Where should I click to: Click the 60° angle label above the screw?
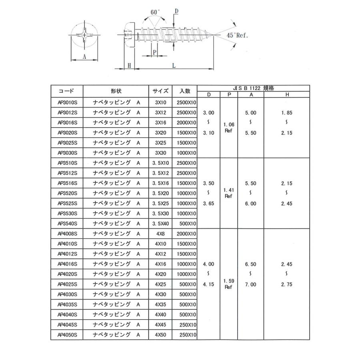click(x=155, y=12)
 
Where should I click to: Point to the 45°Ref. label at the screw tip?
click(x=237, y=35)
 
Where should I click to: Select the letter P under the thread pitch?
click(x=154, y=52)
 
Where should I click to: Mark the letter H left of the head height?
click(x=129, y=65)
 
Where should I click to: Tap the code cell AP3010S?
click(x=67, y=102)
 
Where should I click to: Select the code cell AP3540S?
click(x=67, y=224)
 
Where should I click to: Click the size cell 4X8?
click(x=160, y=234)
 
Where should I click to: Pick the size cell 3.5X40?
click(x=160, y=224)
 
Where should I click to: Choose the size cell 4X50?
click(x=160, y=334)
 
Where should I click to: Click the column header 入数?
click(x=184, y=91)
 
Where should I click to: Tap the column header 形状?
click(x=116, y=91)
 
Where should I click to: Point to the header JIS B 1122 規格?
click(x=253, y=88)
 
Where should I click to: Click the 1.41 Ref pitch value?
click(x=228, y=193)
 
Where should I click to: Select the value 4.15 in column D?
click(x=208, y=284)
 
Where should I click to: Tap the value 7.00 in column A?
click(x=250, y=284)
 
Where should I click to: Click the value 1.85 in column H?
click(x=287, y=113)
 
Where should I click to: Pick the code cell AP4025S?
click(x=67, y=284)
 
